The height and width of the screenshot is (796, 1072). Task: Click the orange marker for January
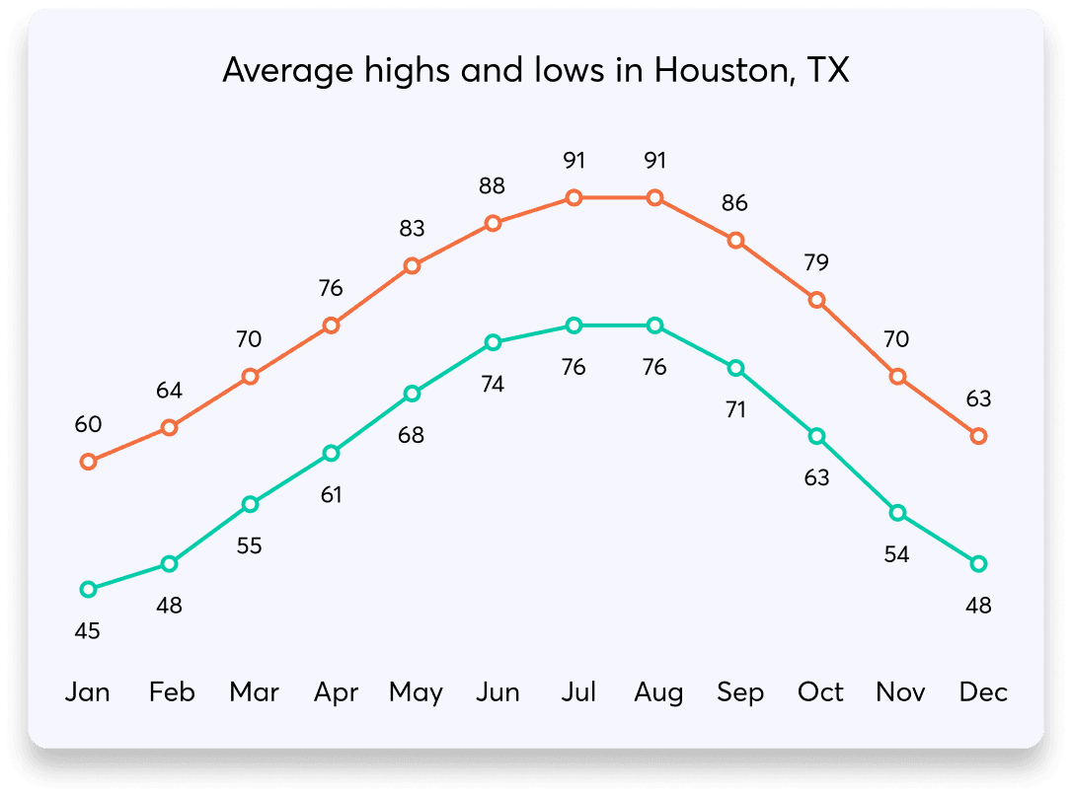pos(88,462)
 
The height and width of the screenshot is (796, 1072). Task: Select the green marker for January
pos(88,589)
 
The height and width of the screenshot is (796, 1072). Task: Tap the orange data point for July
pos(574,198)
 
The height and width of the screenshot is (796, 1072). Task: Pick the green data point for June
pos(493,342)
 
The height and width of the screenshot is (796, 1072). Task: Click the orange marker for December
pos(978,436)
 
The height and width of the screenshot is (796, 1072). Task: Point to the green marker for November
pos(897,513)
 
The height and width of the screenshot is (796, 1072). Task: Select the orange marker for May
pos(412,266)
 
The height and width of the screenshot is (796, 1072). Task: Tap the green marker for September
pos(735,368)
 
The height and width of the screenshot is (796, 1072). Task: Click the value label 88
pos(493,185)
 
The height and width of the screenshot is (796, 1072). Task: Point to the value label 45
pos(88,630)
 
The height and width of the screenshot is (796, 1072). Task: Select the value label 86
pos(735,203)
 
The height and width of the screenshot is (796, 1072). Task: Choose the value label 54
pos(896,554)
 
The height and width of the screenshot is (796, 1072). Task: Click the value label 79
pos(816,262)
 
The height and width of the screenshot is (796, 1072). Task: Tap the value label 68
pos(412,435)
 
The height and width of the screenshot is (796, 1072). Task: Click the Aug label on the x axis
pos(658,692)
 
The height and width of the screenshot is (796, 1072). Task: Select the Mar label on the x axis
pos(254,692)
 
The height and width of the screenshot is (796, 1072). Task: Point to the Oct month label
pos(820,692)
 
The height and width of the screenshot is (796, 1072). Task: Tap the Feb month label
pos(172,692)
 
